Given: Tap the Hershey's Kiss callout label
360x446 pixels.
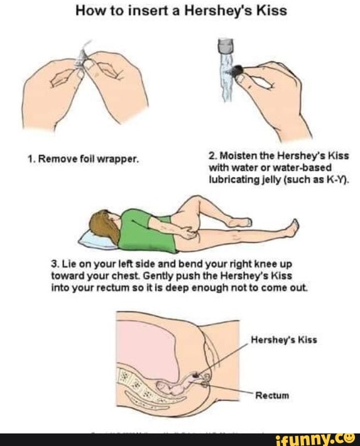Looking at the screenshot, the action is coord(284,340).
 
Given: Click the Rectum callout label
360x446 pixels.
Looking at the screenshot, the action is coord(272,395).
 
